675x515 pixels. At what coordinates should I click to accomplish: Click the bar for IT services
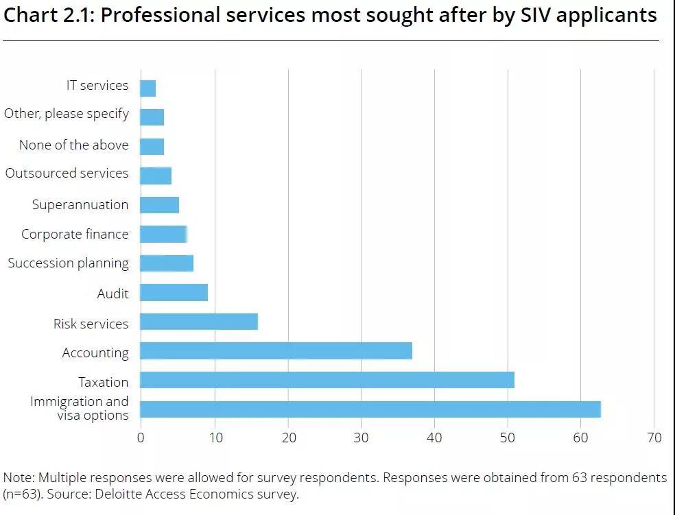click(147, 88)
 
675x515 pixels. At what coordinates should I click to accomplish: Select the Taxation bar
click(327, 380)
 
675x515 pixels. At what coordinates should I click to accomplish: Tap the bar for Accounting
click(276, 351)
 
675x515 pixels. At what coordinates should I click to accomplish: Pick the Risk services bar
click(199, 322)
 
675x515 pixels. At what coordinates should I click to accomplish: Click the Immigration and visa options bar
click(370, 409)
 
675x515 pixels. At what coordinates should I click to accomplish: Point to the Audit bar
click(174, 293)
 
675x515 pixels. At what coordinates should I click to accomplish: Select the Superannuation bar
click(159, 204)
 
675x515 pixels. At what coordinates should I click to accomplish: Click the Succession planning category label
click(68, 263)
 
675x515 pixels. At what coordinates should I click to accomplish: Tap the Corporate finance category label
click(75, 234)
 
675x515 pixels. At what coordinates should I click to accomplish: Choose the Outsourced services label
click(67, 173)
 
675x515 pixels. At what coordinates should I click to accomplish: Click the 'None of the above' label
click(73, 145)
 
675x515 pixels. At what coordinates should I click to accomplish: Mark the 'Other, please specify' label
click(66, 113)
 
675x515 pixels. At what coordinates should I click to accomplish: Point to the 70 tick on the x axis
click(654, 438)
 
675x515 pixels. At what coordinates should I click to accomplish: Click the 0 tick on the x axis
click(141, 438)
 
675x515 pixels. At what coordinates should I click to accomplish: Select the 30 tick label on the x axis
click(361, 438)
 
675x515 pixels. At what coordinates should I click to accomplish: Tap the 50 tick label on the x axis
click(508, 438)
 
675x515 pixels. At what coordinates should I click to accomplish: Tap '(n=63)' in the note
click(23, 494)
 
